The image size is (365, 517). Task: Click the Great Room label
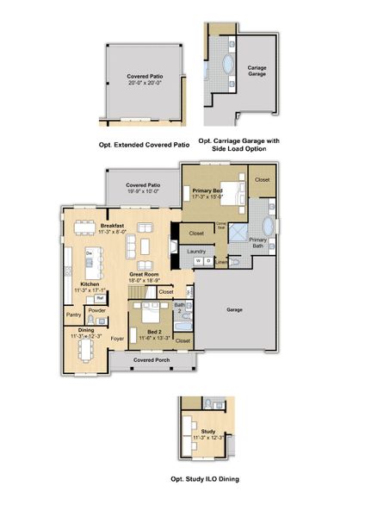(143, 274)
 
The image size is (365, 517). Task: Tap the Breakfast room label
(111, 225)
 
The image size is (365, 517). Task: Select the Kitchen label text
(90, 283)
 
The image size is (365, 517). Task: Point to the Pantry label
(74, 315)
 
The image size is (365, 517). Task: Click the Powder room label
(96, 310)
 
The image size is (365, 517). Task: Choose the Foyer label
(117, 339)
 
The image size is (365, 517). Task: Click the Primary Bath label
(258, 242)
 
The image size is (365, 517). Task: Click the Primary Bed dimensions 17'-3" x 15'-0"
(208, 196)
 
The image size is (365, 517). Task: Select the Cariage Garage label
(257, 70)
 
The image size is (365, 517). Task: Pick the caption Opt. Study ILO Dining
(205, 478)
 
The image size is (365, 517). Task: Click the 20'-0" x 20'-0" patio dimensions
(145, 84)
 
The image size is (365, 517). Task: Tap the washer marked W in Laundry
(198, 260)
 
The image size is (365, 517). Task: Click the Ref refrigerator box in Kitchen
(100, 298)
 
